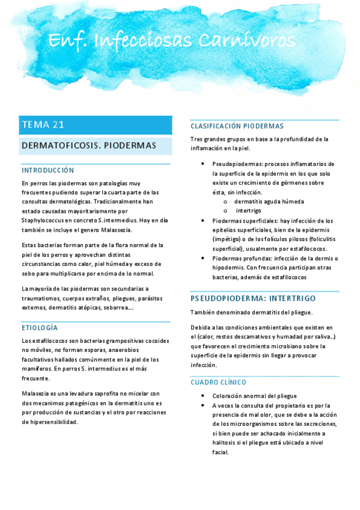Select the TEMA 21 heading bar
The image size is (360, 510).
[95, 125]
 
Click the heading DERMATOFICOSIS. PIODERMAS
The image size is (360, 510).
[88, 146]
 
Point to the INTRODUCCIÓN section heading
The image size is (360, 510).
[47, 170]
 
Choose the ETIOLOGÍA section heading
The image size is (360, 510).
[40, 328]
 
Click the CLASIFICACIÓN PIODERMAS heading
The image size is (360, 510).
[237, 126]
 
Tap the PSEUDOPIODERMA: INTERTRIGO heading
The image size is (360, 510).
[253, 298]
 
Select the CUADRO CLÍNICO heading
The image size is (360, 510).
[218, 382]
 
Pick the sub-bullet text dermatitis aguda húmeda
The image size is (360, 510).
[269, 201]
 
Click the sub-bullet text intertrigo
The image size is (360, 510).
[248, 211]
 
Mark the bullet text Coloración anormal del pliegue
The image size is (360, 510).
[255, 396]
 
